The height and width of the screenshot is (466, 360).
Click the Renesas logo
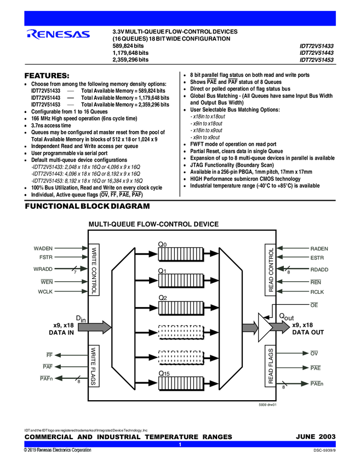[x=58, y=35]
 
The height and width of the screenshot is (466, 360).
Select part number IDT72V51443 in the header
[x=316, y=53]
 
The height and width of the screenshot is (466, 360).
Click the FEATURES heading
[x=47, y=75]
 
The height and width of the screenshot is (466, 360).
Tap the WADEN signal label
[x=43, y=249]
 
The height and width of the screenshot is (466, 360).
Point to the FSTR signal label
[x=46, y=257]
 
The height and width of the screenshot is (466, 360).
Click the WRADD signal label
[x=43, y=269]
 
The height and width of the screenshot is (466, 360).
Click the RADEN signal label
[x=319, y=249]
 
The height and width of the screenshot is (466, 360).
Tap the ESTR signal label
[x=317, y=257]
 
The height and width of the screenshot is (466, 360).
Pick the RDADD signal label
[x=319, y=269]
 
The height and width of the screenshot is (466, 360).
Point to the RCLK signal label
[x=317, y=292]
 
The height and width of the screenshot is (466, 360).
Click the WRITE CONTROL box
[x=94, y=270]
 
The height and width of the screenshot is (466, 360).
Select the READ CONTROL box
[x=271, y=270]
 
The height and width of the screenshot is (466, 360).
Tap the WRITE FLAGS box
[x=94, y=366]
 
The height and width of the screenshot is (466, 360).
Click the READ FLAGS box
[x=271, y=366]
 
